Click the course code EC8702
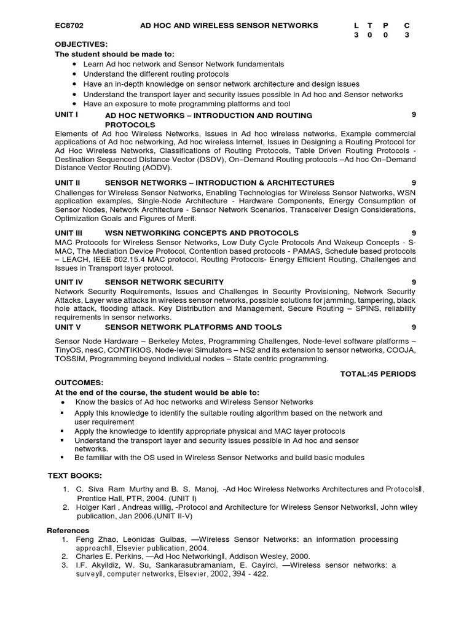pyautogui.click(x=69, y=25)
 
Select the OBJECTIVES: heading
pyautogui.click(x=81, y=44)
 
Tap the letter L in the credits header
pyautogui.click(x=356, y=25)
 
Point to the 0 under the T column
pyautogui.click(x=371, y=35)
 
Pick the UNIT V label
pyautogui.click(x=68, y=327)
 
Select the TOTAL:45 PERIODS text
pyautogui.click(x=377, y=373)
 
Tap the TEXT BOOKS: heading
pyautogui.click(x=75, y=476)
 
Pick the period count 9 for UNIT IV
pyautogui.click(x=414, y=281)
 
